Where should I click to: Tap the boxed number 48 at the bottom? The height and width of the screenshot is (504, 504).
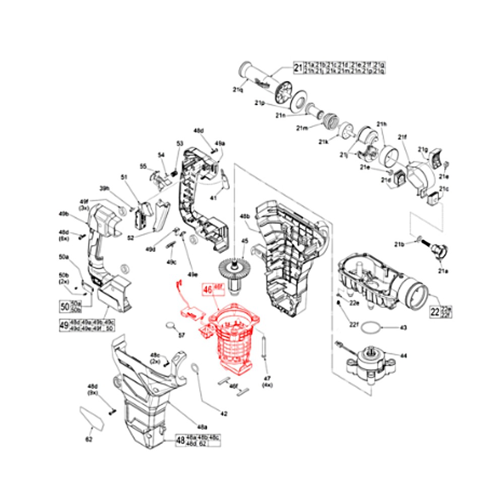(x=180, y=440)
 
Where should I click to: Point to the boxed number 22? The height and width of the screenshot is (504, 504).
(x=434, y=311)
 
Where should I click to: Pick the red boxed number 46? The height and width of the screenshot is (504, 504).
(x=207, y=290)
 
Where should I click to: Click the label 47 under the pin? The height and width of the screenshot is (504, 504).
(x=267, y=377)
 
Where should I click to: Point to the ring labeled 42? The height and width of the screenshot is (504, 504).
(x=196, y=370)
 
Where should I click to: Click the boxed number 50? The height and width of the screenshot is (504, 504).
(x=64, y=306)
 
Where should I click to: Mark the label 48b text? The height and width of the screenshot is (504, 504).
(x=245, y=216)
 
